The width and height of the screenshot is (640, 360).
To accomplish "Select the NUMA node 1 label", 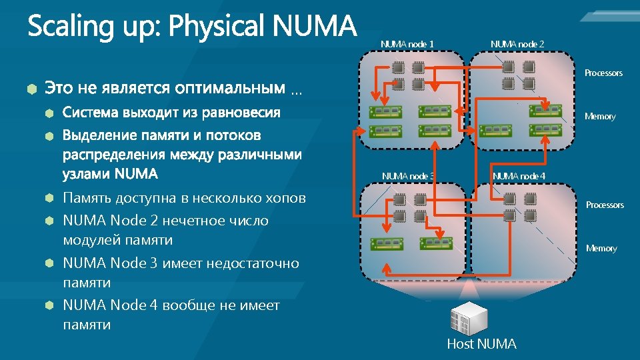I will [407, 44].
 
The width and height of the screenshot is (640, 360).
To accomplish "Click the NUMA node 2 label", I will [517, 44].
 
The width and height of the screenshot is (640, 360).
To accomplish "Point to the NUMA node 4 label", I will [519, 176].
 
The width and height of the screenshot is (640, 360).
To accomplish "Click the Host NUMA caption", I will [481, 344].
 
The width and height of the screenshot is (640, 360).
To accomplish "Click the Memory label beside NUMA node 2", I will [600, 117].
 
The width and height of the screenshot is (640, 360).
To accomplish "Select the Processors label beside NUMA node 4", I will [605, 205].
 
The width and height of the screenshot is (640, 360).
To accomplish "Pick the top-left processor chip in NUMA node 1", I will [399, 68].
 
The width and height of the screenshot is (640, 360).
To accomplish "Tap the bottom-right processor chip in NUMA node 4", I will [528, 215].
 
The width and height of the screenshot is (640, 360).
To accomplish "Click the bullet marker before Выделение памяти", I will [49, 136].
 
